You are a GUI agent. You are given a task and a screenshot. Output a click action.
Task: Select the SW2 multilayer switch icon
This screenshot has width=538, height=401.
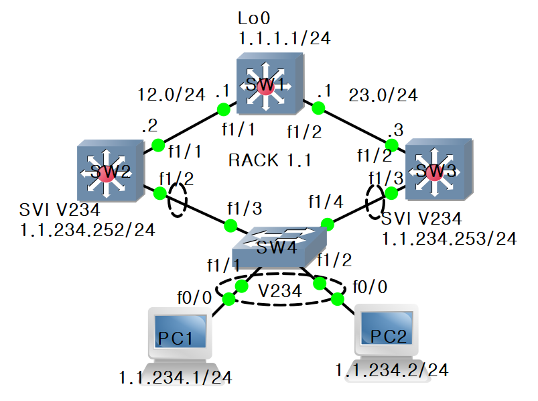pyautogui.click(x=109, y=171)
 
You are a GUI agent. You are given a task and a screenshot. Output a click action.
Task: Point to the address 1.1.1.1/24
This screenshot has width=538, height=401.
pyautogui.click(x=285, y=39)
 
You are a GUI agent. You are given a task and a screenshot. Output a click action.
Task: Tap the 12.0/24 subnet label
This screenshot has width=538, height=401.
pyautogui.click(x=171, y=94)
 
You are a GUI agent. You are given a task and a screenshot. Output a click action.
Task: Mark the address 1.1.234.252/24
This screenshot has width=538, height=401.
pyautogui.click(x=88, y=230)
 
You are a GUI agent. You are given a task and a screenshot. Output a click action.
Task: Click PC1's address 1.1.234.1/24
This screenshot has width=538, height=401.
pyautogui.click(x=176, y=378)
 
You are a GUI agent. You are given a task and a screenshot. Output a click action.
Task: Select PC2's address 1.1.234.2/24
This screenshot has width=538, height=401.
pyautogui.click(x=392, y=369)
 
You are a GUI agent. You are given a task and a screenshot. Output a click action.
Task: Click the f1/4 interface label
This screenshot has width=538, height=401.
pyautogui.click(x=324, y=200)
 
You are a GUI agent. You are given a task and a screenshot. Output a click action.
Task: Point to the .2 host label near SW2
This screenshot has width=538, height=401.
pyautogui.click(x=150, y=124)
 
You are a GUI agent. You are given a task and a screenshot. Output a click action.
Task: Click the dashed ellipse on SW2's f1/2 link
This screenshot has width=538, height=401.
pyautogui.click(x=176, y=201)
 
